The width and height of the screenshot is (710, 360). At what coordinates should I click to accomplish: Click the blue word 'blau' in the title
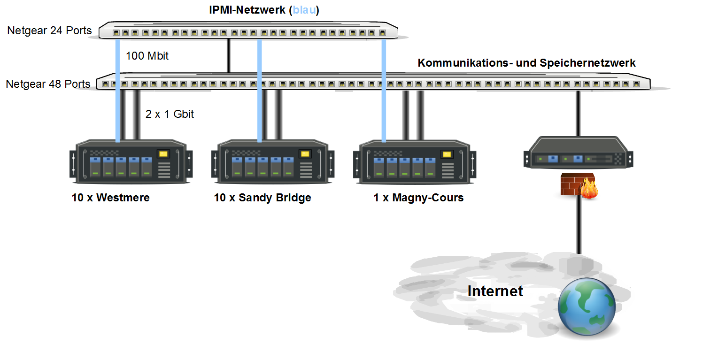(304, 10)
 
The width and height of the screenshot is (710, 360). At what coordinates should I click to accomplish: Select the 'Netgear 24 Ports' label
(49, 31)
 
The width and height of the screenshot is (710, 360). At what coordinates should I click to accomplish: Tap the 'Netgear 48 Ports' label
(48, 84)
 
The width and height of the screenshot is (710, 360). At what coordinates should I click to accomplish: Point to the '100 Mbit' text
(147, 56)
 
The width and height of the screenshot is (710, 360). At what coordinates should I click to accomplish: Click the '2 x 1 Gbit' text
(170, 114)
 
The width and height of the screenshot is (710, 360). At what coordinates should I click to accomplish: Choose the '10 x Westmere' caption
(111, 198)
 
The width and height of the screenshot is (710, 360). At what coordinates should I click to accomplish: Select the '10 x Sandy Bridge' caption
(262, 198)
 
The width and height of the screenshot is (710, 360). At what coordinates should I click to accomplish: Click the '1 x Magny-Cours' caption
(418, 198)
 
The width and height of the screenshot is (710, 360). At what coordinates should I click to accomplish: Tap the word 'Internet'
(495, 291)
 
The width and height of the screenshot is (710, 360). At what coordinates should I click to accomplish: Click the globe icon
(587, 306)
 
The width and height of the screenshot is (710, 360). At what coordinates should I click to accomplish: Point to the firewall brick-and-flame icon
(579, 186)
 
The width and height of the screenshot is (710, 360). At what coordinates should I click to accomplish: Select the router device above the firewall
(578, 152)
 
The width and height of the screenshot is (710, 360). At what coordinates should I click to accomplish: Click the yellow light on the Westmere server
(163, 154)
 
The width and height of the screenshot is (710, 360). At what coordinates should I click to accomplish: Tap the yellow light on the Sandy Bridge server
(305, 154)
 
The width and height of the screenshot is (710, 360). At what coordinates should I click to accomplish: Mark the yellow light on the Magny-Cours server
(447, 154)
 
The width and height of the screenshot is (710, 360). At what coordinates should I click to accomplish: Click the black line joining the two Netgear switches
(229, 56)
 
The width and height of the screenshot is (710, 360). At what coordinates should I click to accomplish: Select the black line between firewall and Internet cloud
(579, 226)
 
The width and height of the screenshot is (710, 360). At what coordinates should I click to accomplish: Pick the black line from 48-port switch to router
(578, 114)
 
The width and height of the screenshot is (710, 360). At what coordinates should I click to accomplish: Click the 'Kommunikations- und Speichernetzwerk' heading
(526, 63)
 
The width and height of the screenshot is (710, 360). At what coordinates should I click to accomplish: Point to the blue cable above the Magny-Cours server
(384, 91)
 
